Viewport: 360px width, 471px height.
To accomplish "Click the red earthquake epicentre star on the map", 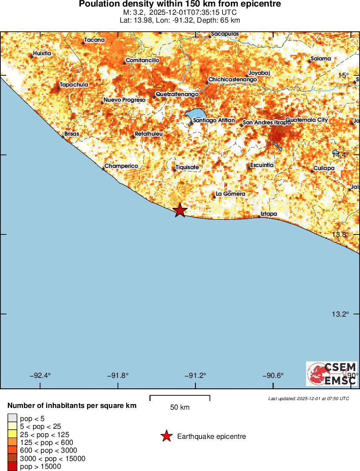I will (x=180, y=210).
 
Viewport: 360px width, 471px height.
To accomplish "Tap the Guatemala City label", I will (x=306, y=120).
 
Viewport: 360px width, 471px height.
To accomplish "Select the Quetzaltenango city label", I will (x=177, y=94).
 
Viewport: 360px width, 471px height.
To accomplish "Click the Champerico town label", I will (x=121, y=166).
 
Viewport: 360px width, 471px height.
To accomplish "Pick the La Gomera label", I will (x=230, y=194).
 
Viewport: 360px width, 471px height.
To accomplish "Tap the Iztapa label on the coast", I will (x=268, y=214).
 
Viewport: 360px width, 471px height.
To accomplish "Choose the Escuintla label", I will (x=262, y=165).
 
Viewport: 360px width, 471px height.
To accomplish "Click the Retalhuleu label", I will (x=148, y=134).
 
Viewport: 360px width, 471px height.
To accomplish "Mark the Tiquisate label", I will (x=187, y=167).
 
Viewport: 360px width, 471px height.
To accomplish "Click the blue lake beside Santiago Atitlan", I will (x=194, y=115).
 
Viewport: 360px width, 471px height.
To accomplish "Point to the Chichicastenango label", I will (x=232, y=80).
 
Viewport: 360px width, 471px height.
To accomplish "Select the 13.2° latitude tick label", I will (x=340, y=314).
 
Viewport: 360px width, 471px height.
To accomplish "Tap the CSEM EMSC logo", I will (x=332, y=374).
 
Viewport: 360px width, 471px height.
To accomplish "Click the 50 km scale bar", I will (x=180, y=398).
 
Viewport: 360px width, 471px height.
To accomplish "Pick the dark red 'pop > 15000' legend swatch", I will (x=12, y=466).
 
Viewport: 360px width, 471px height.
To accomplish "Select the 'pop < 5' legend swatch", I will (x=12, y=418).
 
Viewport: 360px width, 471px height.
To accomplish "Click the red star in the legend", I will (x=166, y=436).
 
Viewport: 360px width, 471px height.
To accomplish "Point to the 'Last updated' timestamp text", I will (x=308, y=398).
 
